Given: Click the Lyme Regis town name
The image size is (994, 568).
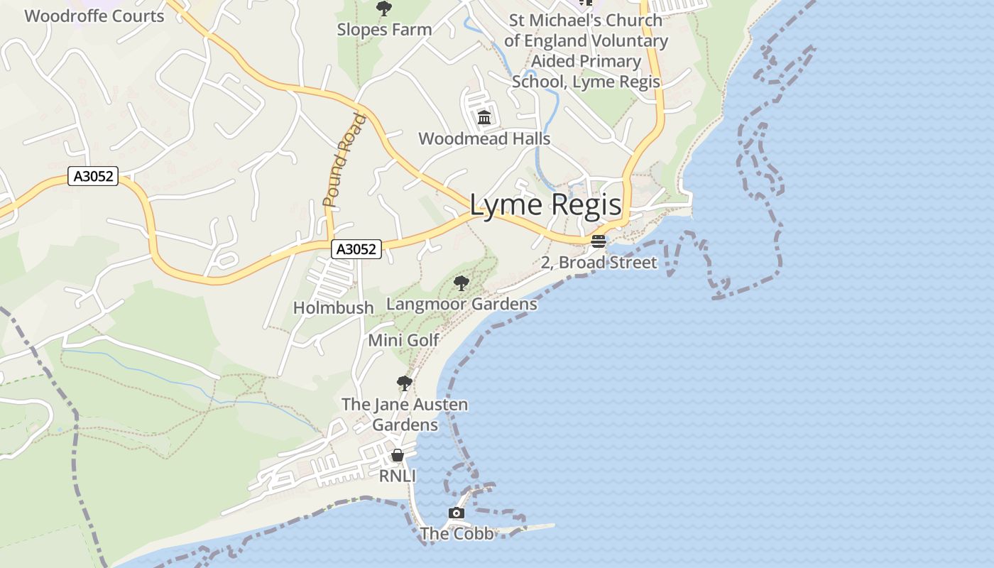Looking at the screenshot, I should (545, 205).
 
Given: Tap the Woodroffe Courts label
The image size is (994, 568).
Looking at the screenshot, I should (94, 16).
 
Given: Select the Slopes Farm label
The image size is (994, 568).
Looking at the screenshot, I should (384, 30).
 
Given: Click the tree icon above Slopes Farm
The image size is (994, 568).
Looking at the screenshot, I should (384, 9).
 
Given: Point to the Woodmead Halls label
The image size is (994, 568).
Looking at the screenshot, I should (484, 138).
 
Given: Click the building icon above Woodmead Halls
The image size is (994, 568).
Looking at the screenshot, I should (484, 117).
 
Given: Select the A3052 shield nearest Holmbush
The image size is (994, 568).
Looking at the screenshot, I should (356, 249).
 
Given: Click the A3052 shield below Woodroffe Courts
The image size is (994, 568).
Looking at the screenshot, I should (93, 176).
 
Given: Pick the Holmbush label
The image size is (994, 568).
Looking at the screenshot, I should (333, 307).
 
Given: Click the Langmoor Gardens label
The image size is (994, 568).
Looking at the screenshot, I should (461, 305).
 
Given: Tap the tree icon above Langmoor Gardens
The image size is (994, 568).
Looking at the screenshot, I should (461, 284).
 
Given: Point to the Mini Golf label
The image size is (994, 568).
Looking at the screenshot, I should (403, 340).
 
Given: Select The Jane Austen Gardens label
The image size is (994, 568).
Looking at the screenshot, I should (405, 415).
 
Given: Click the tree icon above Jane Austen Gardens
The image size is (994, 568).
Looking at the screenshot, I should (405, 383).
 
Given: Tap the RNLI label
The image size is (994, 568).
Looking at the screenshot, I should (397, 476).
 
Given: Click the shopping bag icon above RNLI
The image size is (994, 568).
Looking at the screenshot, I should (398, 455).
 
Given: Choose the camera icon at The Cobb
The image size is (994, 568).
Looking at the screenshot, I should (457, 513).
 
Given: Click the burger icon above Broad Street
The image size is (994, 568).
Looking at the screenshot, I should (599, 241).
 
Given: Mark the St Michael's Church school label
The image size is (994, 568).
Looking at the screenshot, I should (586, 51).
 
